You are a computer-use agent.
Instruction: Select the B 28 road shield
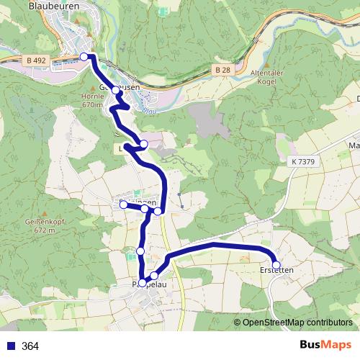tap(222, 69)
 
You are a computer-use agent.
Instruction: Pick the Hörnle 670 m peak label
tap(93, 99)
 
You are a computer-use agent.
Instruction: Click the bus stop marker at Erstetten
tap(276, 265)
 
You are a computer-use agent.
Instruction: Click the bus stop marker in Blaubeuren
tap(84, 56)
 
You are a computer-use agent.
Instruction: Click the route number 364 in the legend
tap(30, 346)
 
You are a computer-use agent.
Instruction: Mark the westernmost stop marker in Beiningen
tap(123, 205)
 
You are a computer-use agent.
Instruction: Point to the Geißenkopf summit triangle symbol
tap(44, 215)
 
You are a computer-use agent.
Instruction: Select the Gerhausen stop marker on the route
tap(115, 91)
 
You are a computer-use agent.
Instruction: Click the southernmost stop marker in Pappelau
tap(142, 283)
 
